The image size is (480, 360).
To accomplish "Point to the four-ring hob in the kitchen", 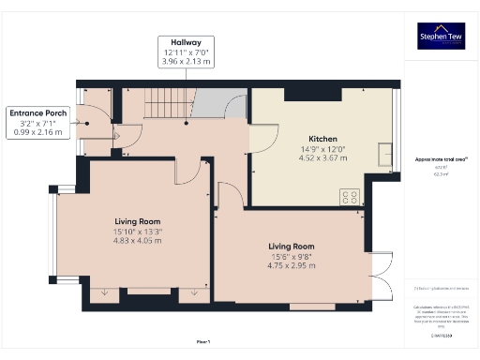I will (350, 197).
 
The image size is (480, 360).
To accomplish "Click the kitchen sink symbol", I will (384, 153).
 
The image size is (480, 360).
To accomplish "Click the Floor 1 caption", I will (203, 341).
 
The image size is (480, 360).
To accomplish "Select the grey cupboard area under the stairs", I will (226, 104).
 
